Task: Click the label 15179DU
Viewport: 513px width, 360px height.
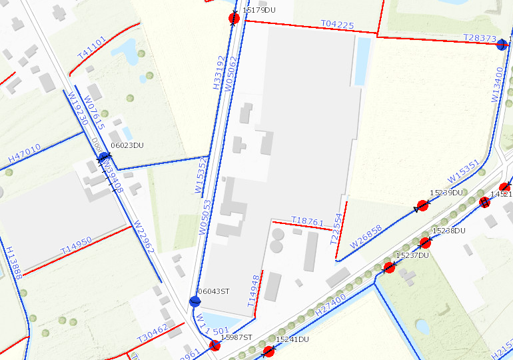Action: tap(259, 11)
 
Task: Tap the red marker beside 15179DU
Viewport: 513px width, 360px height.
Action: tap(234, 18)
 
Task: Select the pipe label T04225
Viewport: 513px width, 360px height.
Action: tap(337, 25)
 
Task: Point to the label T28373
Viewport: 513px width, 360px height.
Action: tap(479, 38)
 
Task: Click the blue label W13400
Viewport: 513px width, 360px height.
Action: tap(497, 84)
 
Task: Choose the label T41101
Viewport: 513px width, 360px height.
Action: tap(91, 49)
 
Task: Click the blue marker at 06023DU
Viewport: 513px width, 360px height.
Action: tap(103, 157)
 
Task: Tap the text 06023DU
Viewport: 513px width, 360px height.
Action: tap(127, 145)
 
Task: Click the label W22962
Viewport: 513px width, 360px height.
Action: tap(144, 237)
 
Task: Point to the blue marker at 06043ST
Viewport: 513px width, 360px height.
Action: tap(195, 301)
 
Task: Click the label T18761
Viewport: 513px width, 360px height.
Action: tap(307, 221)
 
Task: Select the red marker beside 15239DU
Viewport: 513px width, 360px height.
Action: tap(422, 205)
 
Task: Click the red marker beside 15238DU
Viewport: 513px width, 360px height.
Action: tap(424, 242)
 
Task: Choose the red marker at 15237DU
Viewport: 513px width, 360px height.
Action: tap(389, 267)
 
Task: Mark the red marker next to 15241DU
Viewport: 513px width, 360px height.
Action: tap(268, 351)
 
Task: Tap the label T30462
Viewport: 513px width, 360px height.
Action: tap(152, 331)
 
